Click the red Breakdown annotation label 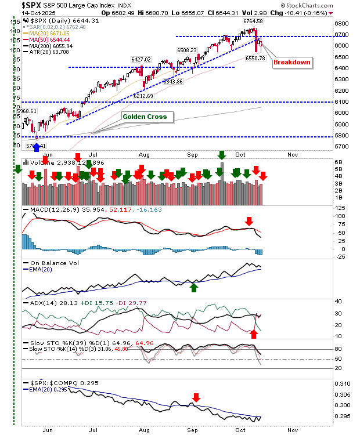(292, 62)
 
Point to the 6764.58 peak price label (253, 21)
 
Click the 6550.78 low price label (255, 58)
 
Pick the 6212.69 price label (143, 96)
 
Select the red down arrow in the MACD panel (249, 221)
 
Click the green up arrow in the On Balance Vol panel (195, 286)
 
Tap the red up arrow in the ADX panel (254, 333)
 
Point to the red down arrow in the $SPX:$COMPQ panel (196, 397)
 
